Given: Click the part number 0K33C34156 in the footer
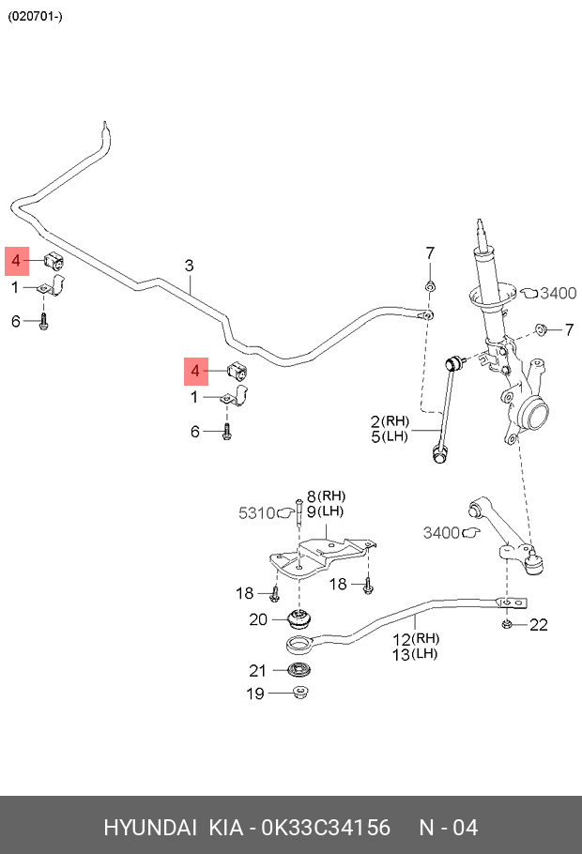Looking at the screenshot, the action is pos(326,828).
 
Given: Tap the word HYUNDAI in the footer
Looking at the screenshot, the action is pos(150,828).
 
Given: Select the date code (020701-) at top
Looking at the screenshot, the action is pos(35,16).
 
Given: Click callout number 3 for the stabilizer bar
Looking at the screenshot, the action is pos(189,266).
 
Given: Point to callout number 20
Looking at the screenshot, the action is pos(258,619).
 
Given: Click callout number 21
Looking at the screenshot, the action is pos(257,670).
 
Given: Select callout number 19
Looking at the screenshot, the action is pos(255,694).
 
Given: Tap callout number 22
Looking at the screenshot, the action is pos(539,624).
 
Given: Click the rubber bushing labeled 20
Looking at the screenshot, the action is pos(299,618).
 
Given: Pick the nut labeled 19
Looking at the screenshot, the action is pos(300,694).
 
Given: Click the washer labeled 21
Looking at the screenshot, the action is pos(299,670).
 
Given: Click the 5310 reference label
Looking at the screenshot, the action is pos(256,512).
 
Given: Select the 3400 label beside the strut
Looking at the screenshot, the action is pos(558,293).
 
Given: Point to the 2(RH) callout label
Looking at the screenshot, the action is pos(390,421).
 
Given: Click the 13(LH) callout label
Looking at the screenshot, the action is pos(415,653).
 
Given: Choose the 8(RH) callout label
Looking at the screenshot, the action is pos(326,496).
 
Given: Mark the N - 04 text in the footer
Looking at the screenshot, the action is pos(448,828).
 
